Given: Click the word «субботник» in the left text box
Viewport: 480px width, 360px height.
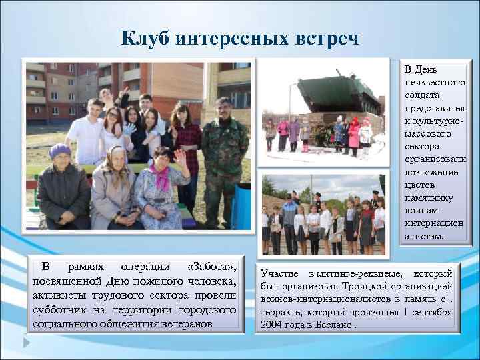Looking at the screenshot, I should coord(61,310).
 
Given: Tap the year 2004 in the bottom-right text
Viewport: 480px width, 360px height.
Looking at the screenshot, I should coord(271,325).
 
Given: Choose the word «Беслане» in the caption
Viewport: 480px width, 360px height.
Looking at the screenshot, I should coord(334,325).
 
